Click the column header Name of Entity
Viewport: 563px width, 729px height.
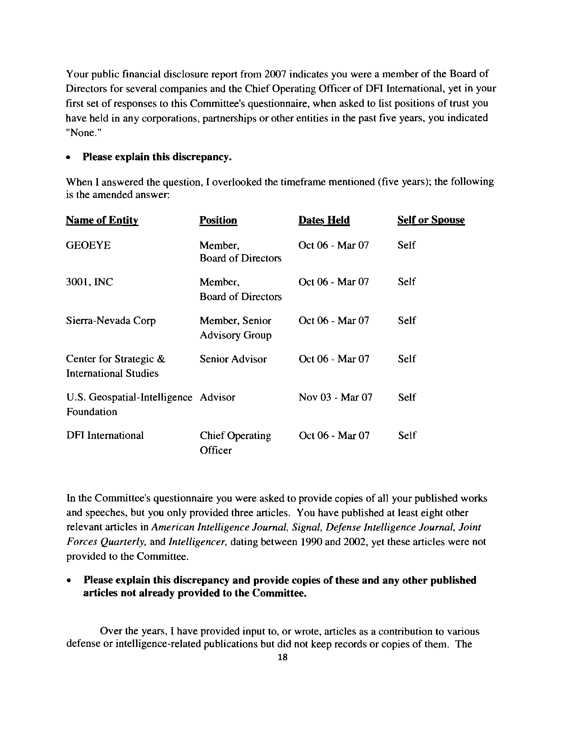point(102,220)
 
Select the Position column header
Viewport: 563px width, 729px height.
point(218,220)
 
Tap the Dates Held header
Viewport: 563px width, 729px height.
point(324,220)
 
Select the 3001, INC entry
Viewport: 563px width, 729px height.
point(89,282)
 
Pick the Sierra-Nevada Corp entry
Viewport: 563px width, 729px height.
point(111,321)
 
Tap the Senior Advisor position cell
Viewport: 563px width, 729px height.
point(233,359)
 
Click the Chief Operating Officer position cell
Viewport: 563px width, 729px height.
point(235,443)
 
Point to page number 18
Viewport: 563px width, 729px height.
point(282,657)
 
